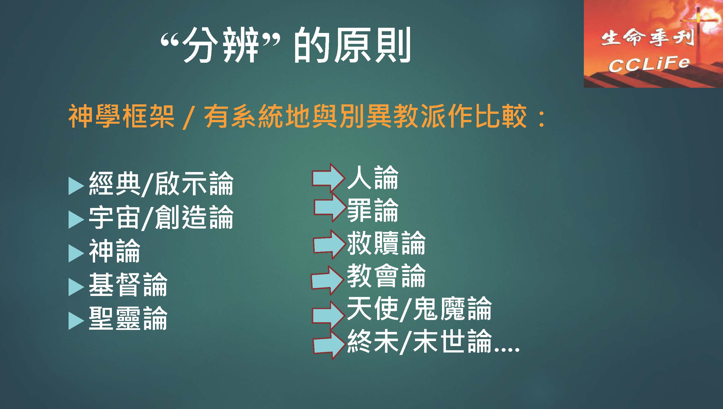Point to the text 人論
click(373, 177)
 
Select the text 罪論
click(373, 210)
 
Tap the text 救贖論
click(386, 243)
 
